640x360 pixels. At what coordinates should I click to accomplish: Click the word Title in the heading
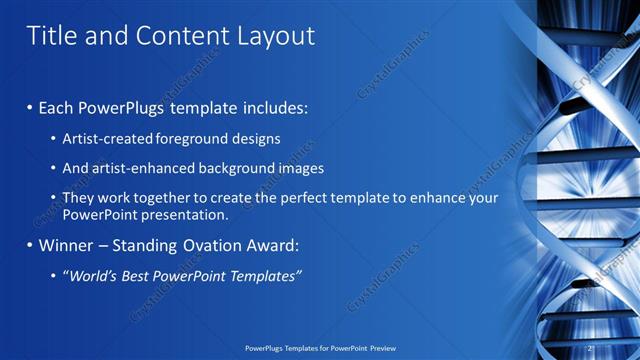tap(50, 36)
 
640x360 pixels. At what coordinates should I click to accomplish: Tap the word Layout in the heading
tap(274, 36)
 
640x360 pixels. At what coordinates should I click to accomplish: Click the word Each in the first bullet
tap(56, 106)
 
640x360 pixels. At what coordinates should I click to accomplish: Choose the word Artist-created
tap(108, 138)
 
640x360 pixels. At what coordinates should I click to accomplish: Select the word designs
tap(259, 138)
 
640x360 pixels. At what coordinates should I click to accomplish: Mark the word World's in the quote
tap(89, 276)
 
